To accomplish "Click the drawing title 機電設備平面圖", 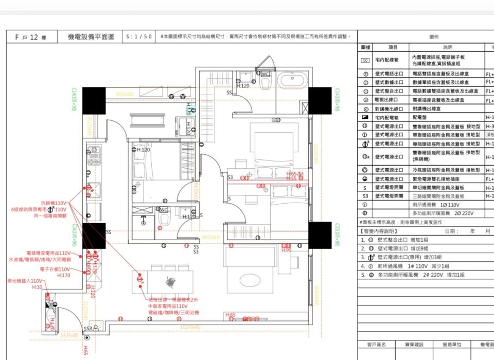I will (91, 37).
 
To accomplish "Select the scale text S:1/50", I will (139, 37).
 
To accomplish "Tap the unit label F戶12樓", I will (30, 38).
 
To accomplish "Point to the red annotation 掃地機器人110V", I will (25, 281).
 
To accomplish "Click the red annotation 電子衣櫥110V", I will (55, 269).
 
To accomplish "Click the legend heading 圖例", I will (434, 37).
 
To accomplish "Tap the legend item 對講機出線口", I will (389, 109).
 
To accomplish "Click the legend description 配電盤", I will (420, 118).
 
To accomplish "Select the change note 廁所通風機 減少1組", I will (412, 266).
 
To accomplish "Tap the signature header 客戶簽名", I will (376, 345).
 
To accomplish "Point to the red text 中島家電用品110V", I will (167, 305).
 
